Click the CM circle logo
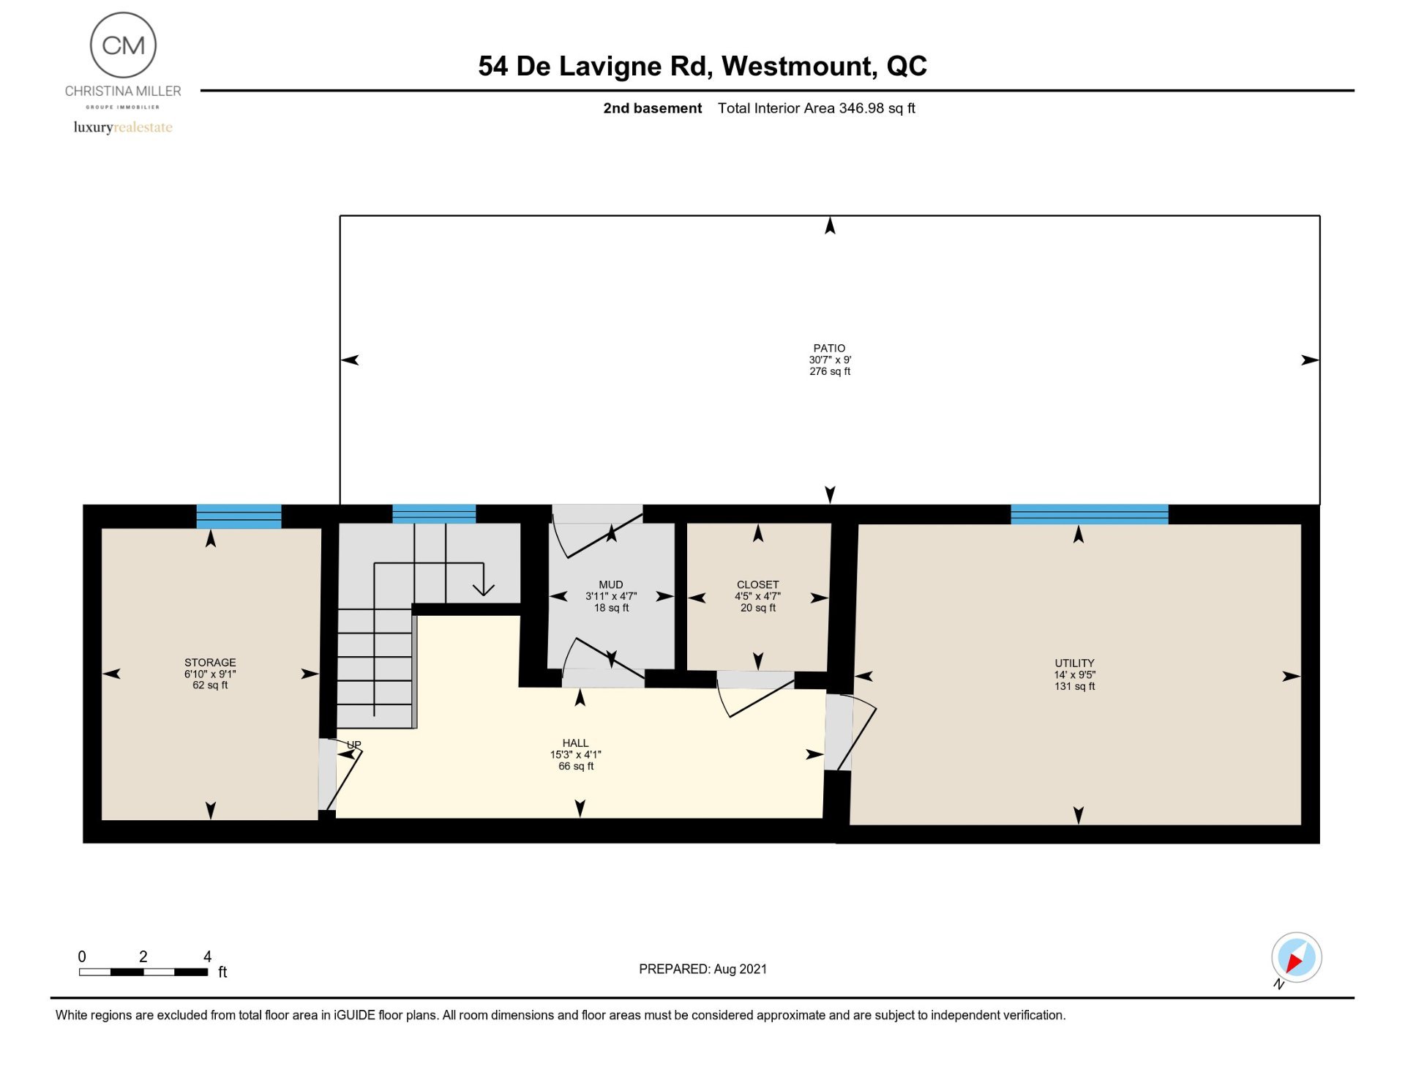point(123,45)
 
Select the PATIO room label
point(829,348)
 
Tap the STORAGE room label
point(210,662)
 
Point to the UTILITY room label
point(1074,663)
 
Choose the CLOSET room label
point(757,584)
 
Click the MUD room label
point(611,584)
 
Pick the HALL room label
point(575,743)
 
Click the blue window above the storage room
point(239,516)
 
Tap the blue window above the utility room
point(1089,514)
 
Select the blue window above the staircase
point(434,514)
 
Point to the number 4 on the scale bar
point(207,956)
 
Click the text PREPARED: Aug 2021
point(702,969)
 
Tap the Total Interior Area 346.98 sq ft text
point(816,108)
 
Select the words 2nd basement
point(652,108)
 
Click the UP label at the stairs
point(354,745)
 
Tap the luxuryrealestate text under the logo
point(123,127)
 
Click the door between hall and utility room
point(849,732)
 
